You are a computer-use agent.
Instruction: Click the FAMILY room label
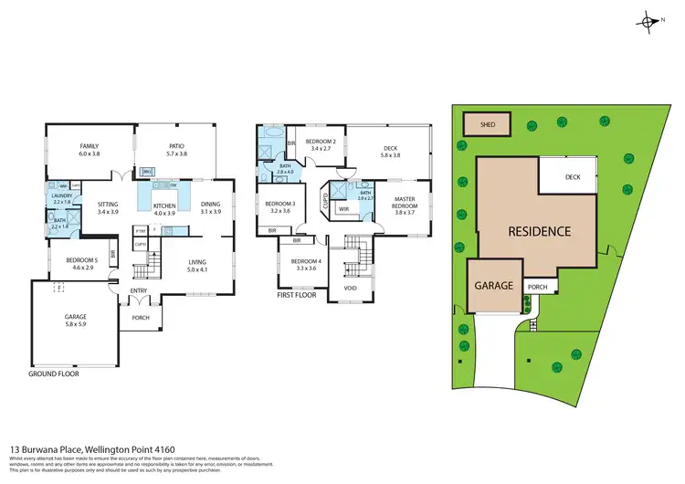coord(89,146)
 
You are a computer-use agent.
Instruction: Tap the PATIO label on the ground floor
coord(176,146)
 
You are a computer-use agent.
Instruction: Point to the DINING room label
coord(211,205)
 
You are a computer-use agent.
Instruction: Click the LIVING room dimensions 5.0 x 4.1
coord(198,270)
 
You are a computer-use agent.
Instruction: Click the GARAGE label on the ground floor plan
coord(77,317)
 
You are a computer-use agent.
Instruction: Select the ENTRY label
coord(138,292)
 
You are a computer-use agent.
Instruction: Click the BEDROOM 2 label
coord(321,142)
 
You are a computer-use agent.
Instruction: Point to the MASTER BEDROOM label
coord(405,202)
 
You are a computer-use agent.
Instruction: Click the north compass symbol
coord(649,22)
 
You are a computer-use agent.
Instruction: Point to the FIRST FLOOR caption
coord(299,296)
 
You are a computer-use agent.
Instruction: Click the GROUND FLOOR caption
coord(54,374)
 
